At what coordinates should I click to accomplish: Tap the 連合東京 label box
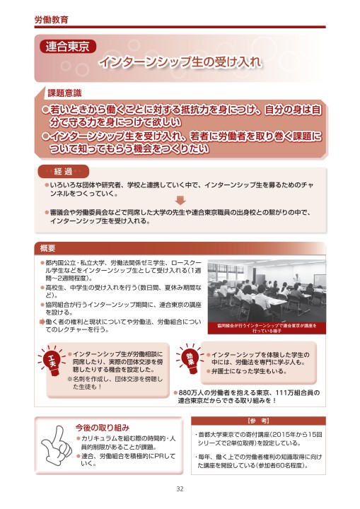pos(67,48)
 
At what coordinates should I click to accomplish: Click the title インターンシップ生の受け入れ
pos(180,62)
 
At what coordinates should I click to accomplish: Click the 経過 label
pos(64,172)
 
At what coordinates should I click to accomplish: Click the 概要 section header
pos(48,247)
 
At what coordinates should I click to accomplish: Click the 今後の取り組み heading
pos(103,426)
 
